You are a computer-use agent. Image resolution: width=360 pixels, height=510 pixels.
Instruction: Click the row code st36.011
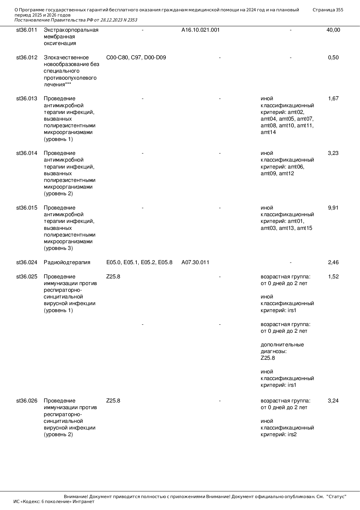27,30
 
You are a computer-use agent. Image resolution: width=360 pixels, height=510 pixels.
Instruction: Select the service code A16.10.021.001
200,30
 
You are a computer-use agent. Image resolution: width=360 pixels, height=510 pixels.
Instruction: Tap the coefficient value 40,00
333,30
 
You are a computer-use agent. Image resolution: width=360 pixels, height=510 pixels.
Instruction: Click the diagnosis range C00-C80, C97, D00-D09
136,58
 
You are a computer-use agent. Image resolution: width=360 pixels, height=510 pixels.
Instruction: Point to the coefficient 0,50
333,58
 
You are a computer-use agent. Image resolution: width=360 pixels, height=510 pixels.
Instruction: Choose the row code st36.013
27,99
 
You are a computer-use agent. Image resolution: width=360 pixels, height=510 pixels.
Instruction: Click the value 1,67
333,99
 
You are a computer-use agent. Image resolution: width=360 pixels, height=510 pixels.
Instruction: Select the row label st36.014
27,153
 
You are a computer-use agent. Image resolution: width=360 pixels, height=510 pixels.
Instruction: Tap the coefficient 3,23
333,153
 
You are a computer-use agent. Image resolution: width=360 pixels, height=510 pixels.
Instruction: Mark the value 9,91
333,208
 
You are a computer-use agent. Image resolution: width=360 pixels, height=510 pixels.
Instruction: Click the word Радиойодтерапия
67,262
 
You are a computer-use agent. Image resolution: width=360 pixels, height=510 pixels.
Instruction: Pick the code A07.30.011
195,262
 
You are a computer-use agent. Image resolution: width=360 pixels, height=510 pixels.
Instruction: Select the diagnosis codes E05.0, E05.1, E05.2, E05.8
139,262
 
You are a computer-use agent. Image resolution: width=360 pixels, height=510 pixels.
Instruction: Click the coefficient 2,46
333,262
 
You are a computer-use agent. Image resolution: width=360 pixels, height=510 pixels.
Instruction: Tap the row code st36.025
27,277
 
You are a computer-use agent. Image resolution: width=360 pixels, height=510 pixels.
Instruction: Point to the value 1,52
333,277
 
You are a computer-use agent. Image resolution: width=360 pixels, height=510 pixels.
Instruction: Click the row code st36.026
27,401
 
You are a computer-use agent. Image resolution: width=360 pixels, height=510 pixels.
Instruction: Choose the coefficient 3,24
333,401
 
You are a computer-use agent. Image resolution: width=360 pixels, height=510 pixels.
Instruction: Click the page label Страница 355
328,10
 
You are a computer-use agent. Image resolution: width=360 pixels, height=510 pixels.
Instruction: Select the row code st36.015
27,208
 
